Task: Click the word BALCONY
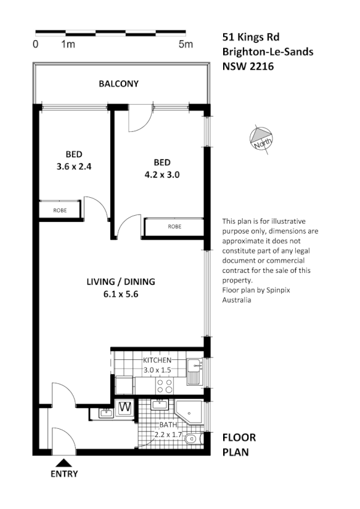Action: pos(119,84)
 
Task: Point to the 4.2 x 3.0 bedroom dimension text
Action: pos(162,174)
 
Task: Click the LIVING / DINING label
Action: pos(120,282)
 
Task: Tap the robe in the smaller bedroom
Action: pos(60,210)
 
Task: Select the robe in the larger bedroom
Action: pos(174,227)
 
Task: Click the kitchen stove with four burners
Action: pos(165,386)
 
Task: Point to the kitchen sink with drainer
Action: pos(194,372)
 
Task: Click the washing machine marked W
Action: pos(124,407)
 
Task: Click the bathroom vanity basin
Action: pos(160,405)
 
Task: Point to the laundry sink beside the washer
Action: pos(104,411)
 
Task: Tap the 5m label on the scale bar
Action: pos(185,44)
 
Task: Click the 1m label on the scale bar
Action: pos(68,44)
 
